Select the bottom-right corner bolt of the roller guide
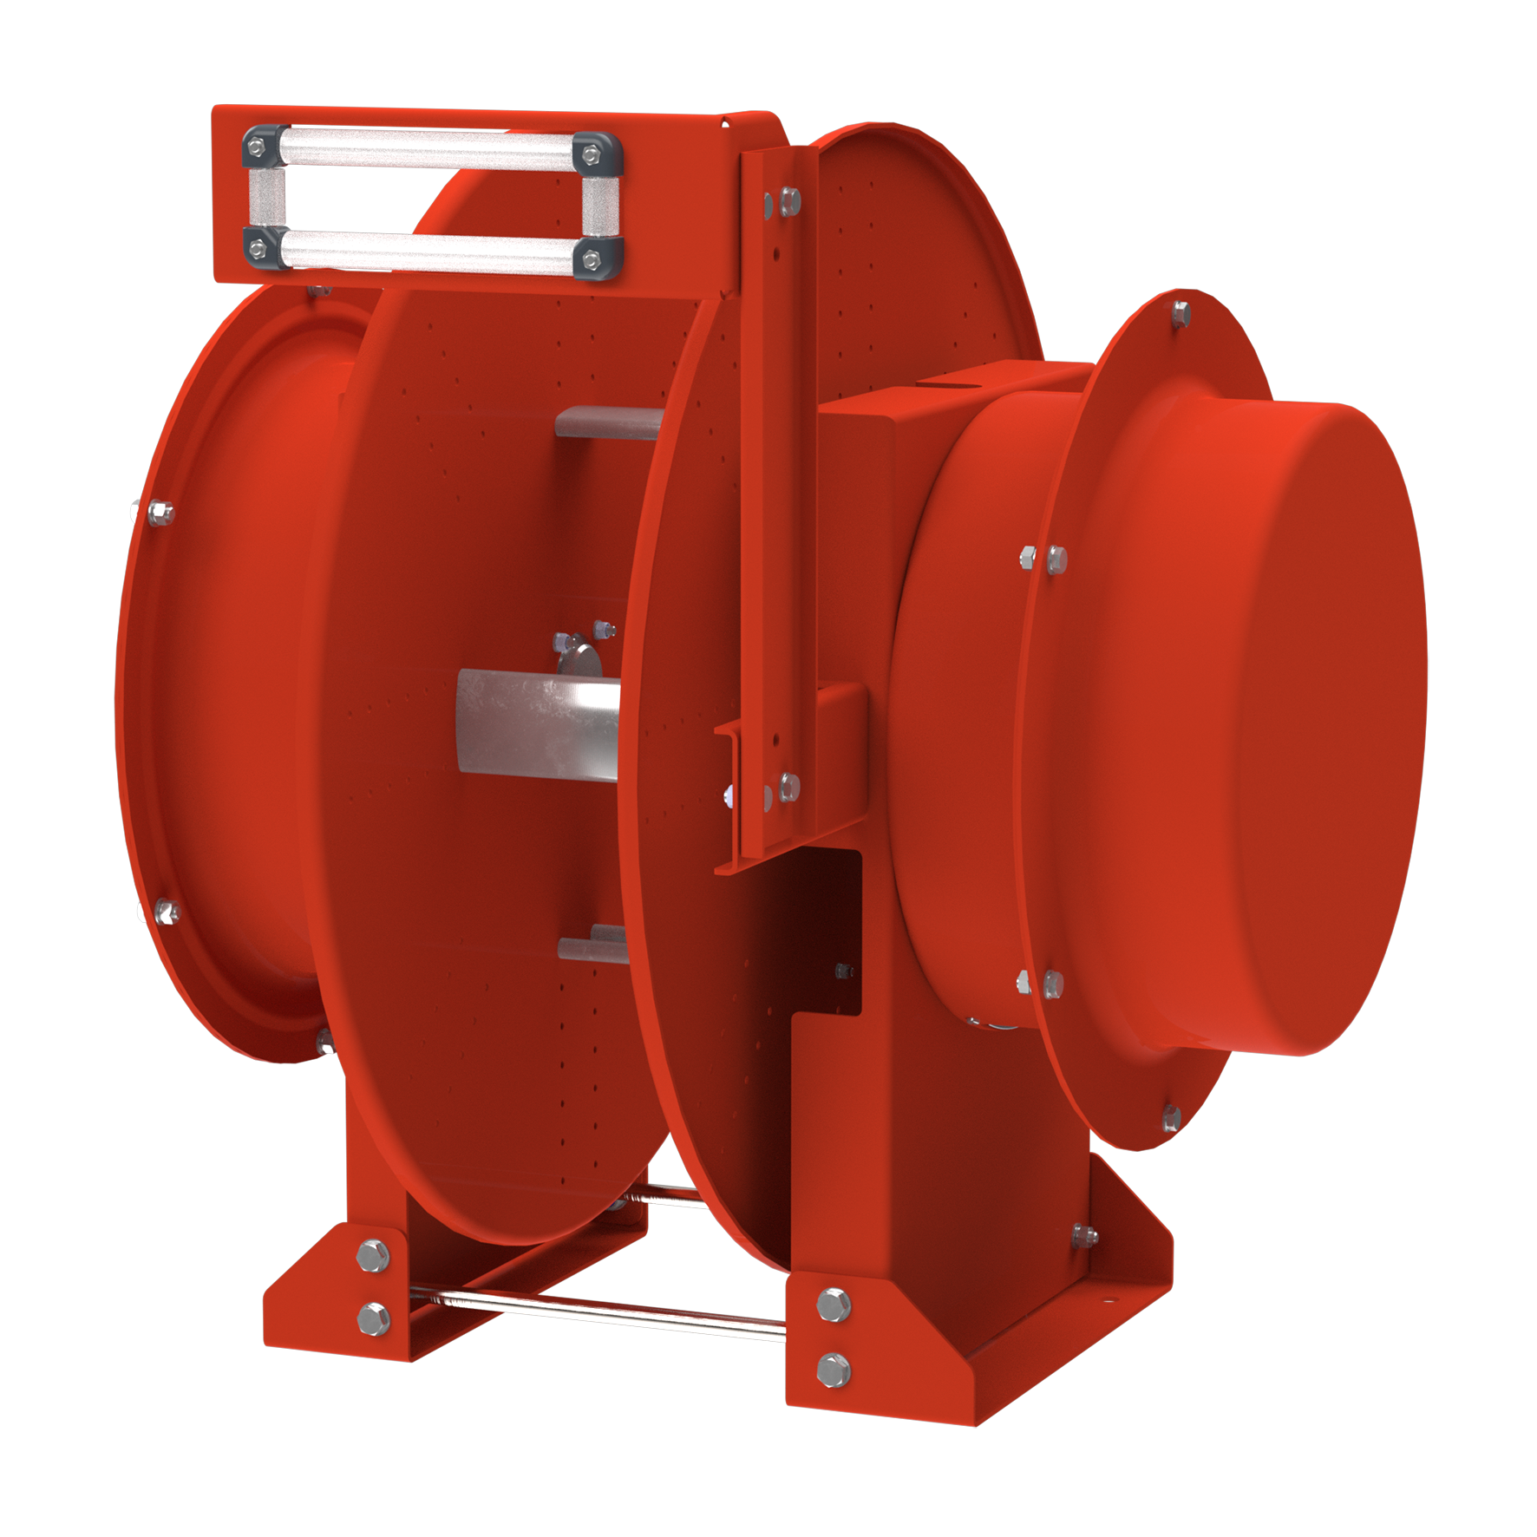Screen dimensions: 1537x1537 click(592, 258)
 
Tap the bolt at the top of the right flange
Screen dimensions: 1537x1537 click(1181, 312)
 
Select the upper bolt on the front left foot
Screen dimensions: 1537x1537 click(374, 1255)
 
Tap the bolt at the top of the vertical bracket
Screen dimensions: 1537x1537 click(789, 200)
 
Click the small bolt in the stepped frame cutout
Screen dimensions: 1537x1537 click(844, 971)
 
